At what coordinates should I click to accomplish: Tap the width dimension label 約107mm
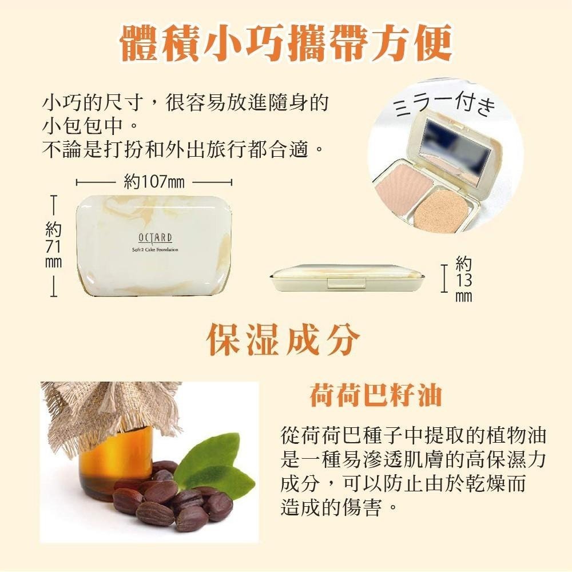point(154,182)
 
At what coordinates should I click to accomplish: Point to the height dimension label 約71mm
point(53,244)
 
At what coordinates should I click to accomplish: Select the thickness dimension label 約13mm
point(464,279)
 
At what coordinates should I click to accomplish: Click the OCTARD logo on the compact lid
point(155,238)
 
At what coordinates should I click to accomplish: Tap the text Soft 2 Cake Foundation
point(155,250)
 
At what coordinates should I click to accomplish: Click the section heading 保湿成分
point(284,340)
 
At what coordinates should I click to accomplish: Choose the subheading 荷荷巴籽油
point(376,395)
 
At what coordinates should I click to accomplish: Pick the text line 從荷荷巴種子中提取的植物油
point(414,435)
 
